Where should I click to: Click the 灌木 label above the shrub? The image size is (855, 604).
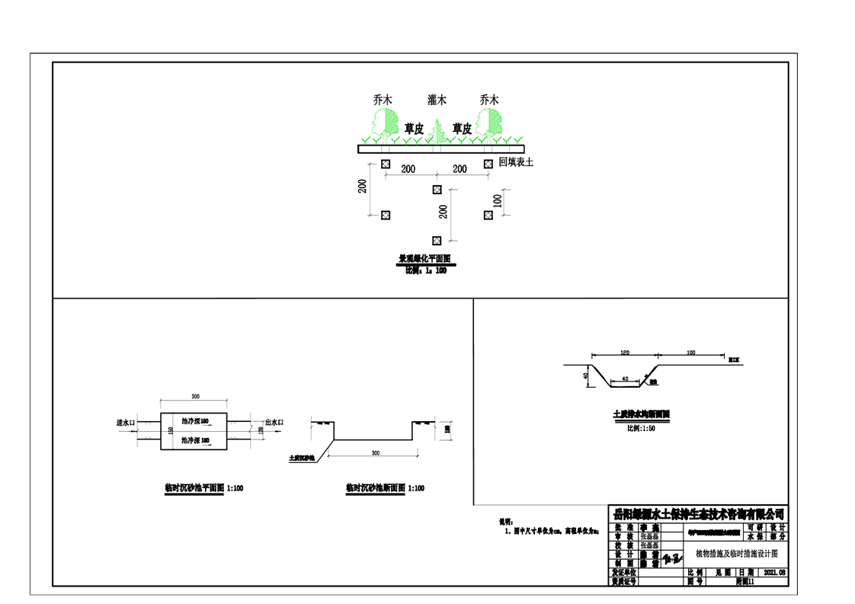(437, 100)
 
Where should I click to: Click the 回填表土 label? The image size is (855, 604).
(516, 162)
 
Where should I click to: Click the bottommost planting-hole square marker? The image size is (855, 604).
(437, 240)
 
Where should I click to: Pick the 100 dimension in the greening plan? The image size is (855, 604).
(498, 202)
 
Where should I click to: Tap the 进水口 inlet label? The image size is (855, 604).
(125, 421)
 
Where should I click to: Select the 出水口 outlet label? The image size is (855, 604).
(274, 421)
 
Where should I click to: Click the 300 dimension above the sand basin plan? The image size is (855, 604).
(195, 397)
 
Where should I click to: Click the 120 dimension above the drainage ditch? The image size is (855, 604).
(625, 353)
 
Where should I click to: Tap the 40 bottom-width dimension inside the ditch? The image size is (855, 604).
(625, 378)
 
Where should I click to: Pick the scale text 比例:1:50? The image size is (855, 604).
(641, 428)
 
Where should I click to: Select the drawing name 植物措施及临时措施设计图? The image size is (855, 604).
(735, 553)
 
